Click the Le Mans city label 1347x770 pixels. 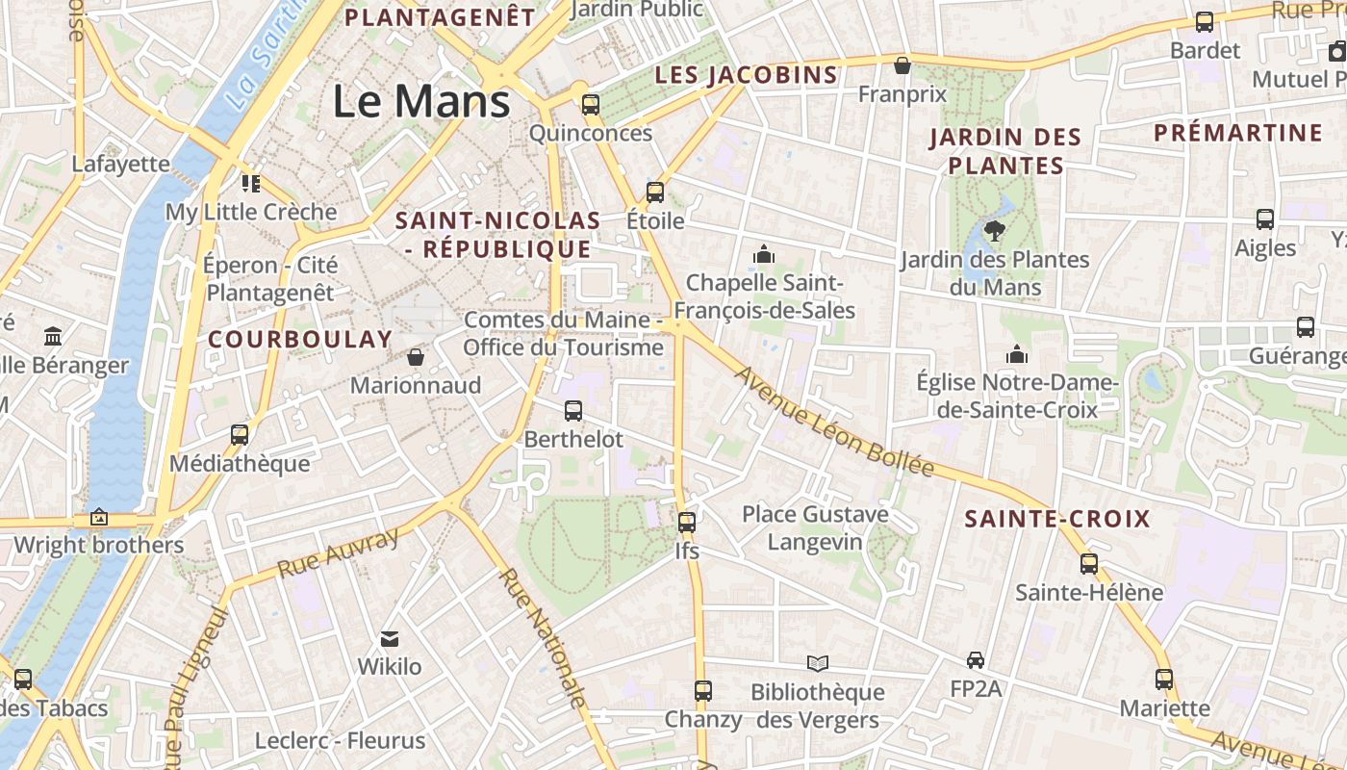(x=421, y=101)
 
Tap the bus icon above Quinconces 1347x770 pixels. (x=590, y=105)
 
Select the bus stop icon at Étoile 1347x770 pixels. (x=655, y=192)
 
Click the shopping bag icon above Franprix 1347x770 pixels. (x=902, y=65)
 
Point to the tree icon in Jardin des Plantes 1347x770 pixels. (x=995, y=231)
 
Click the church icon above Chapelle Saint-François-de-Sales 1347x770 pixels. (x=765, y=254)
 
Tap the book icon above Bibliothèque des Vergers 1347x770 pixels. (x=818, y=663)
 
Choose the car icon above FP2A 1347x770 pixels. (x=976, y=660)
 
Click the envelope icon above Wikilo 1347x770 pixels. (x=390, y=638)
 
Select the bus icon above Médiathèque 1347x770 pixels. (x=240, y=435)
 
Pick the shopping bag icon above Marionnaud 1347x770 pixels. (x=416, y=357)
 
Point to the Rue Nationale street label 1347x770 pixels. (x=544, y=636)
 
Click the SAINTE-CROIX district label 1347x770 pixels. (x=1057, y=520)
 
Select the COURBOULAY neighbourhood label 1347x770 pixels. (x=300, y=339)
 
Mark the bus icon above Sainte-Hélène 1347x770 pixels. (x=1089, y=563)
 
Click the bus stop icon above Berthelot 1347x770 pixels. (x=573, y=411)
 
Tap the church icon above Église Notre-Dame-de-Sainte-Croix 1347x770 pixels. (x=1017, y=355)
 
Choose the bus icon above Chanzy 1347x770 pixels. (x=703, y=691)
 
